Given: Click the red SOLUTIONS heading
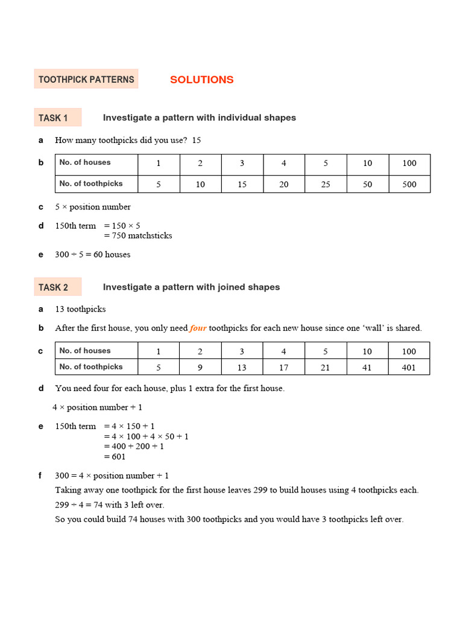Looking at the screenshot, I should coord(201,80).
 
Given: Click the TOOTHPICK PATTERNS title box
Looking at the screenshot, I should coord(86,80).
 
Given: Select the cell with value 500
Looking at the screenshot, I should coord(409,184).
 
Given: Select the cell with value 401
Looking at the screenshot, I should coord(409,367).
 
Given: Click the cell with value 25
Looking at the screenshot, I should coord(326,184).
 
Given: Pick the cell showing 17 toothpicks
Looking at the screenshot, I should coord(283,367).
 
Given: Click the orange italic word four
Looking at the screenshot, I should coord(198,328).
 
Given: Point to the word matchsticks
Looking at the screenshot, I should coord(148,235).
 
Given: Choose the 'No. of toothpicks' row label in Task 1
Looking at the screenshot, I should coord(91,183).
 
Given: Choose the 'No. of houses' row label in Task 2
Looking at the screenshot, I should coord(85,351).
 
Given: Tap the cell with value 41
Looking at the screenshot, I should coord(367,367).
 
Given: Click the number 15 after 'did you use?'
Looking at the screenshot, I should coord(196,140).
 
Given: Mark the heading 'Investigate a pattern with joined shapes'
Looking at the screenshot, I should coord(191,287).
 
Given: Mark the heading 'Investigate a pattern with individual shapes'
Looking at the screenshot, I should coord(199,118).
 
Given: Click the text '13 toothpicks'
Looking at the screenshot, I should coord(80,309).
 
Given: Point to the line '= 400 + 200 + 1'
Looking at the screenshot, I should coord(134,446).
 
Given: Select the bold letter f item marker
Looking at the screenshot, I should coord(40,476).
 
